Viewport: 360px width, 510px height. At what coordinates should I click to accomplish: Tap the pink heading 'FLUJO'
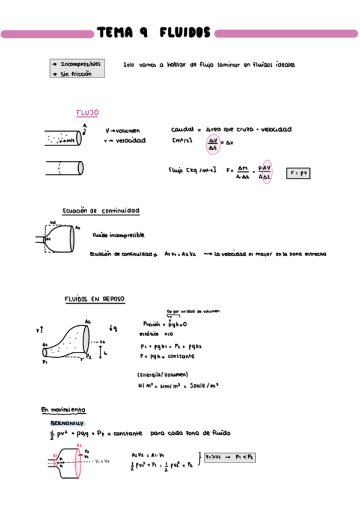point(87,113)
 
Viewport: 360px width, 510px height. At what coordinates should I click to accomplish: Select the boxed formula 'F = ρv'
point(298,173)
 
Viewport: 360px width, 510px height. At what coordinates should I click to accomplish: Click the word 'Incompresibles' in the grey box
point(81,64)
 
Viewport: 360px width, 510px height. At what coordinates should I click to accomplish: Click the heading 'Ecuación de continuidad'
point(101,211)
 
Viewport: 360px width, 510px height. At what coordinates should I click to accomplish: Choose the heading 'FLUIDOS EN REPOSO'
point(94,299)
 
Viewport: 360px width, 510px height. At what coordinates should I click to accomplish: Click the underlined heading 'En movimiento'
point(63,410)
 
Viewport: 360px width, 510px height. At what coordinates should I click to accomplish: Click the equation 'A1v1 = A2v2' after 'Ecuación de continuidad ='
point(180,254)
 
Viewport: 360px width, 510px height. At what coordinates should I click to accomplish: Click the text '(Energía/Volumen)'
point(159,374)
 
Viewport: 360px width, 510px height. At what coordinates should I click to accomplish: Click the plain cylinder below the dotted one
point(64,167)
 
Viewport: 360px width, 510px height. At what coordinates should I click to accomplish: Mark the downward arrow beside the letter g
point(111,328)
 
